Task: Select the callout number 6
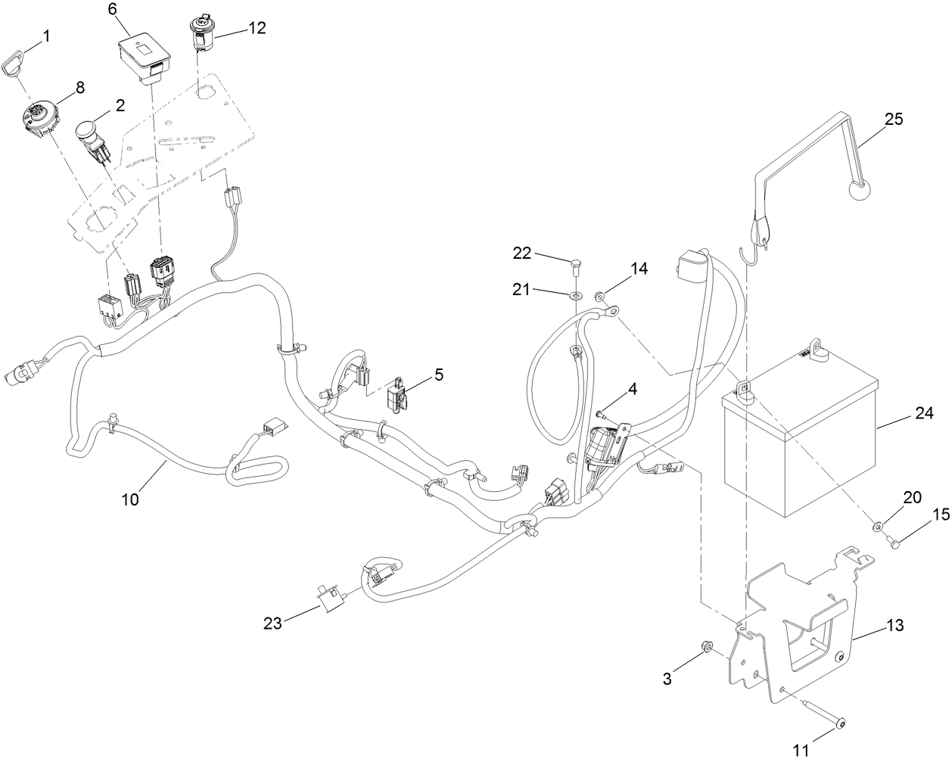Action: pos(113,9)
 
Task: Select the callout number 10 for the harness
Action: pos(129,499)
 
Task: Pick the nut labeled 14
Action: pos(601,297)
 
